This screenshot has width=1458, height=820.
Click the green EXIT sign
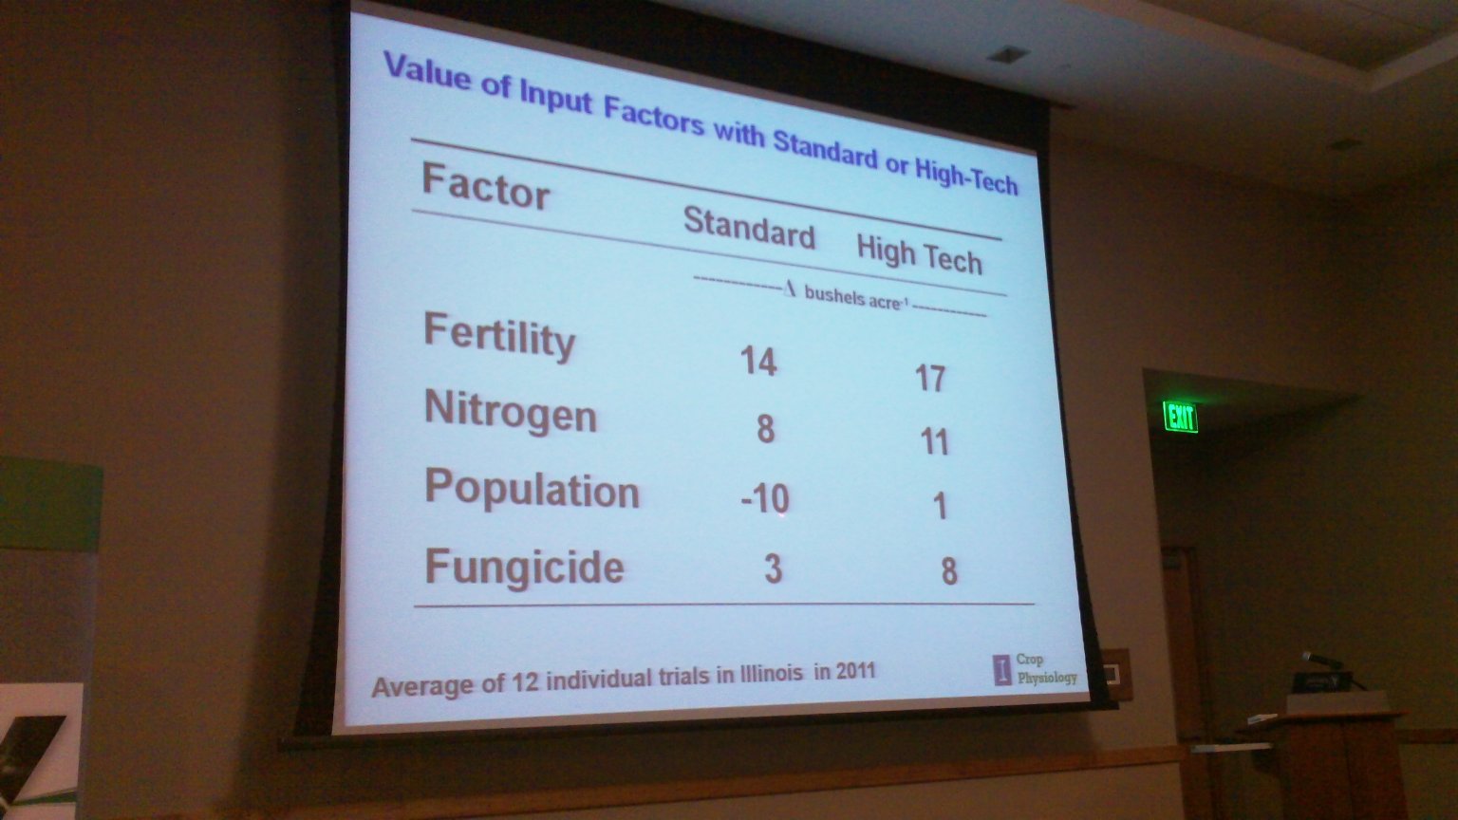tap(1180, 418)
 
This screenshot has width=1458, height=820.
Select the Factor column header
tap(486, 187)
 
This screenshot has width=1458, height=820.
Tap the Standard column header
tap(749, 228)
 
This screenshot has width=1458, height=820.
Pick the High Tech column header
tap(919, 254)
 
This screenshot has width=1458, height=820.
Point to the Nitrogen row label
tap(511, 412)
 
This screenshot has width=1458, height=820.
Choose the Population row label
tap(532, 489)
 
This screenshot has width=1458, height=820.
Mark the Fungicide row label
tap(525, 568)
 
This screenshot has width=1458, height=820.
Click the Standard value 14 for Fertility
tap(758, 362)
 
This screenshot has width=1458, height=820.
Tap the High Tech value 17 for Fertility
tap(930, 378)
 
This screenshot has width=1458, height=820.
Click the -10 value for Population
tap(765, 499)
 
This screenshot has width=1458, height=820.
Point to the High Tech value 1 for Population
tap(939, 506)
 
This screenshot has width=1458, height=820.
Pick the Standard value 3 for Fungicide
tap(773, 569)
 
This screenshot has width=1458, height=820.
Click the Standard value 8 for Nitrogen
tap(765, 429)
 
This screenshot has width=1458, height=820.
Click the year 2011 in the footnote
tap(855, 670)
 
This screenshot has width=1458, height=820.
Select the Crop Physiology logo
tap(1035, 669)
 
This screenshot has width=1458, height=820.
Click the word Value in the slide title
tap(427, 70)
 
